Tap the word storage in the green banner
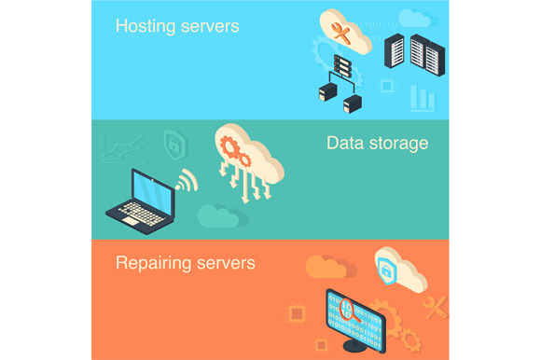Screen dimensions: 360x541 click(x=399, y=143)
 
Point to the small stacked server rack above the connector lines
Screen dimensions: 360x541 click(x=342, y=66)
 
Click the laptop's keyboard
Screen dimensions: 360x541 click(x=140, y=216)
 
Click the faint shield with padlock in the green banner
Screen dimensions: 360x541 click(x=173, y=142)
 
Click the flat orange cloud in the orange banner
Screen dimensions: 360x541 click(x=326, y=268)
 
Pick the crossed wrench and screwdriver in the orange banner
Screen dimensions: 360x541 click(x=435, y=306)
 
